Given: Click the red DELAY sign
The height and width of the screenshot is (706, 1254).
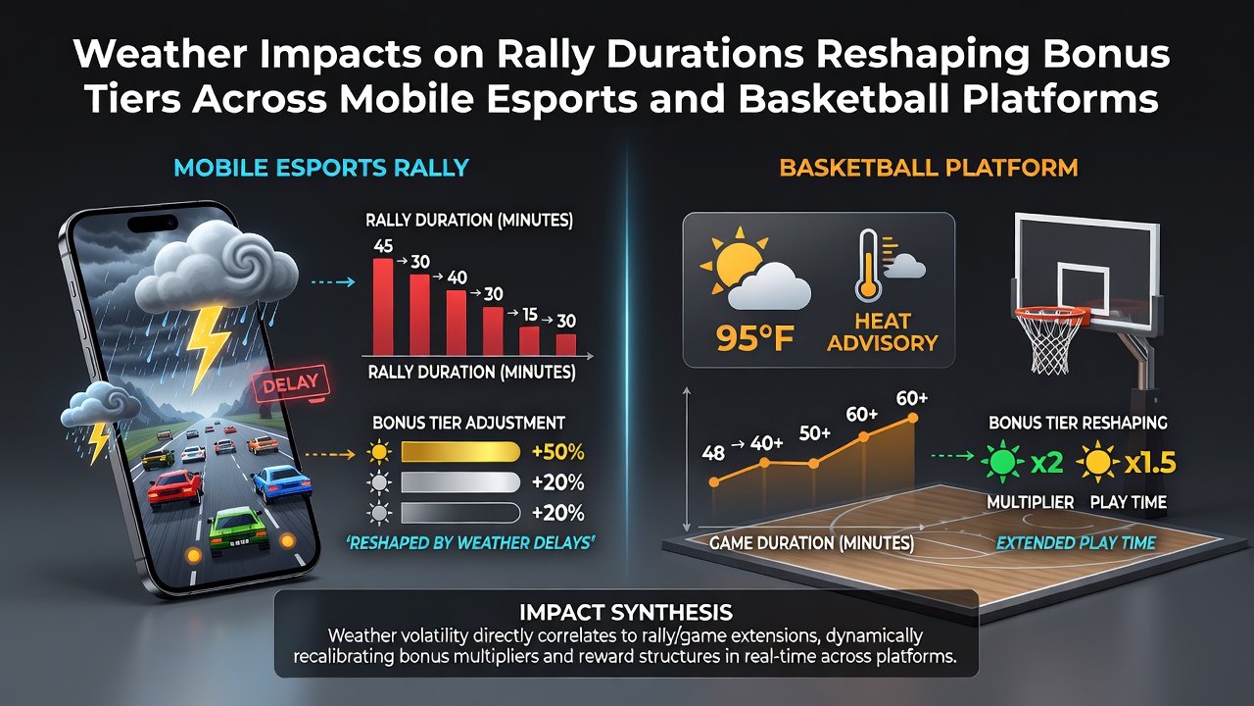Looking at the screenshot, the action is [291, 383].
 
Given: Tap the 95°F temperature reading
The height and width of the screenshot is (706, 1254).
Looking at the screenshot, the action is [754, 338].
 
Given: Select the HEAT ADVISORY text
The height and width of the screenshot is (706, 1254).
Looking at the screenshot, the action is [883, 332].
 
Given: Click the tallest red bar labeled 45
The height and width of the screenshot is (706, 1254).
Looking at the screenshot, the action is [383, 307].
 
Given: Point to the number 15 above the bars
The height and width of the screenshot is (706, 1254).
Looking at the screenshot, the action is [530, 315].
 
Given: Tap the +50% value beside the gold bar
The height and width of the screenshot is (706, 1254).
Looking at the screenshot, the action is [557, 452].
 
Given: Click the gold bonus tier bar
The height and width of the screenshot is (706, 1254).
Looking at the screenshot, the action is [460, 452].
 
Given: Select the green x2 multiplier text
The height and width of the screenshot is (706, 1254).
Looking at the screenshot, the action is [1046, 462].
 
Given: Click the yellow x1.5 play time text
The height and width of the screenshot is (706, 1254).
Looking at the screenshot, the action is [1150, 463].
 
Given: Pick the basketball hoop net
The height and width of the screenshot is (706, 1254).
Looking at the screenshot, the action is [1051, 343].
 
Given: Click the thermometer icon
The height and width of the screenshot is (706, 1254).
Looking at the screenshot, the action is [868, 265].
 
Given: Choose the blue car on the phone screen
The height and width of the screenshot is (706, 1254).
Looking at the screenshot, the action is [280, 482].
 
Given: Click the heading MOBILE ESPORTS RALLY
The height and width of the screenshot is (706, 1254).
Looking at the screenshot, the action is [321, 168].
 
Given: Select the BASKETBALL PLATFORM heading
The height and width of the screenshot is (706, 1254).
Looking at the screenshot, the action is [929, 168].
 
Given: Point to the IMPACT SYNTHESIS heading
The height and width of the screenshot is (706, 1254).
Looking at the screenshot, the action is [626, 613].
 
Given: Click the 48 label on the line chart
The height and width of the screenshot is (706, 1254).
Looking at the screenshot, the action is [713, 453].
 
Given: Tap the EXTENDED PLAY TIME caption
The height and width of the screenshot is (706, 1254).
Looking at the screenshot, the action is [1076, 543].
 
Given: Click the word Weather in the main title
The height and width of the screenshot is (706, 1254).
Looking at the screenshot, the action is [160, 54].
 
